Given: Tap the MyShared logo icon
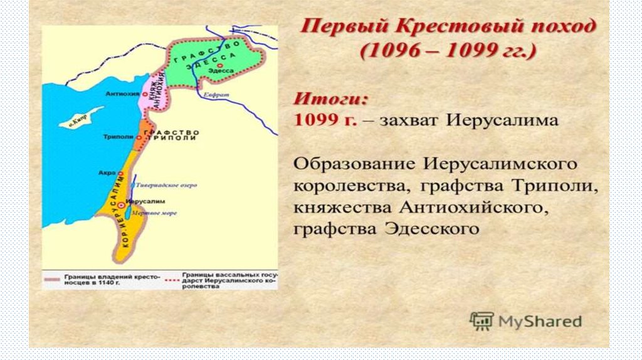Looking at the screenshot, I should pos(481,321).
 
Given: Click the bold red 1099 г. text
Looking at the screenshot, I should pos(325,119).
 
